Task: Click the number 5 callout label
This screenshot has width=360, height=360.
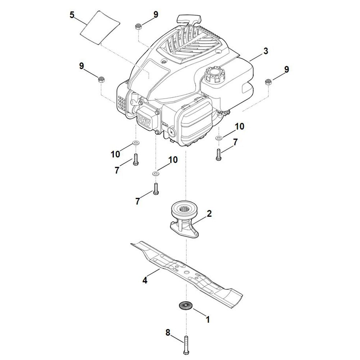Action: [x=72, y=15]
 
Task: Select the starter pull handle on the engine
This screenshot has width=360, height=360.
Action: [x=188, y=19]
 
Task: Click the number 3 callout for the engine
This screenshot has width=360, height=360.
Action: [x=265, y=51]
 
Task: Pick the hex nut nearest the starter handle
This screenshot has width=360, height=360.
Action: [x=138, y=27]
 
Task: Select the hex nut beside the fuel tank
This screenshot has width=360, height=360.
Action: [x=268, y=82]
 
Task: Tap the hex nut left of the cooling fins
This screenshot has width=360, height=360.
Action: [x=101, y=79]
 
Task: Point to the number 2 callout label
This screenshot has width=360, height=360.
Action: [x=209, y=214]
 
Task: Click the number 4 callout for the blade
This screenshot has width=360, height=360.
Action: [x=145, y=280]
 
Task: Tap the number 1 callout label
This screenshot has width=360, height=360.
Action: [x=207, y=319]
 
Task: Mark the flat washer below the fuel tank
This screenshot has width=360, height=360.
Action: [x=218, y=138]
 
